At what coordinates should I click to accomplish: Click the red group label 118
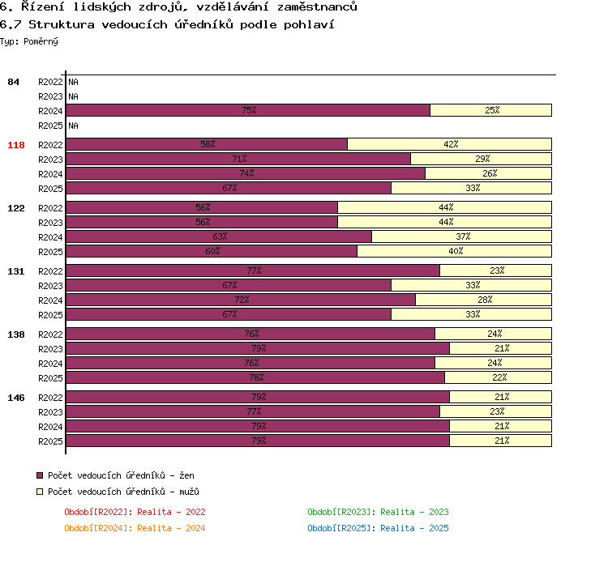point(16,145)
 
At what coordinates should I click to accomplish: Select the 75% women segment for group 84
point(248,110)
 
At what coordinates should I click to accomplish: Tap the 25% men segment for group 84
point(491,110)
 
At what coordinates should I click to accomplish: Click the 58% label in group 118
point(208,144)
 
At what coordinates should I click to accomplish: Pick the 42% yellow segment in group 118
point(449,144)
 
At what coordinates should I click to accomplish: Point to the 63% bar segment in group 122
point(219,236)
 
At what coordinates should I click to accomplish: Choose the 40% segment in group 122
point(455,251)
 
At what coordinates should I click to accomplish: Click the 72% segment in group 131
point(241,300)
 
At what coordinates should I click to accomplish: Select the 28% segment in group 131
point(483,300)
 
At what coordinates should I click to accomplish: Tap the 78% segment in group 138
point(255,377)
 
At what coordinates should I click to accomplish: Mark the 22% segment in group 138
point(499,377)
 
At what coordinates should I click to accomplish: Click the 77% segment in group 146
point(253,411)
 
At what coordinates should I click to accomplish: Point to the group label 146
point(16,398)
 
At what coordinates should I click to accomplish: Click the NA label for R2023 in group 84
point(73,96)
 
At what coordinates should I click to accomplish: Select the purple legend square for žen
point(40,475)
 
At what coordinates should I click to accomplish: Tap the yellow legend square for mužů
point(40,492)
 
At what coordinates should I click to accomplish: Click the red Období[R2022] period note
point(135,512)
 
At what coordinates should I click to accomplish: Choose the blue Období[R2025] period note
point(378,528)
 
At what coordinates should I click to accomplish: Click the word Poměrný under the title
point(41,41)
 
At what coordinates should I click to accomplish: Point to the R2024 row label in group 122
point(50,237)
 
